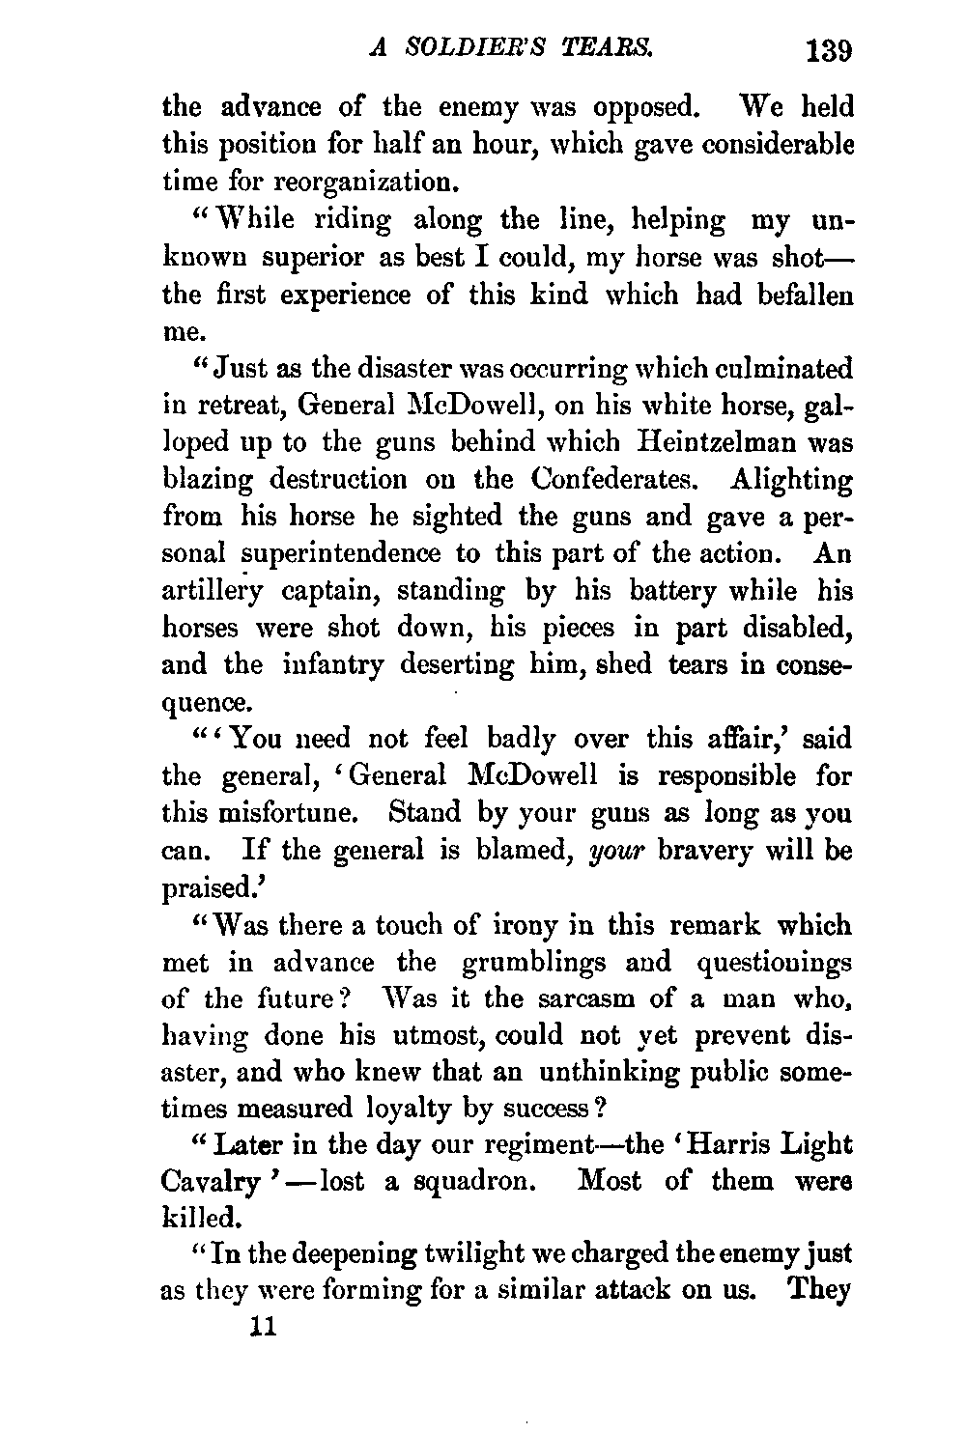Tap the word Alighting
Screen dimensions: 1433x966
792,479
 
